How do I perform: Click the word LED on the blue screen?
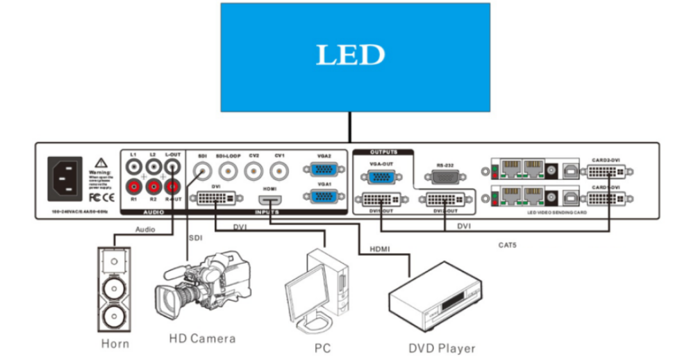tap(350, 55)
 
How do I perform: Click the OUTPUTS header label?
tap(383, 151)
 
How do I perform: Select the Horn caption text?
tap(115, 343)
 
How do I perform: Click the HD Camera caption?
tap(202, 338)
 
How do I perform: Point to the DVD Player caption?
tap(442, 347)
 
